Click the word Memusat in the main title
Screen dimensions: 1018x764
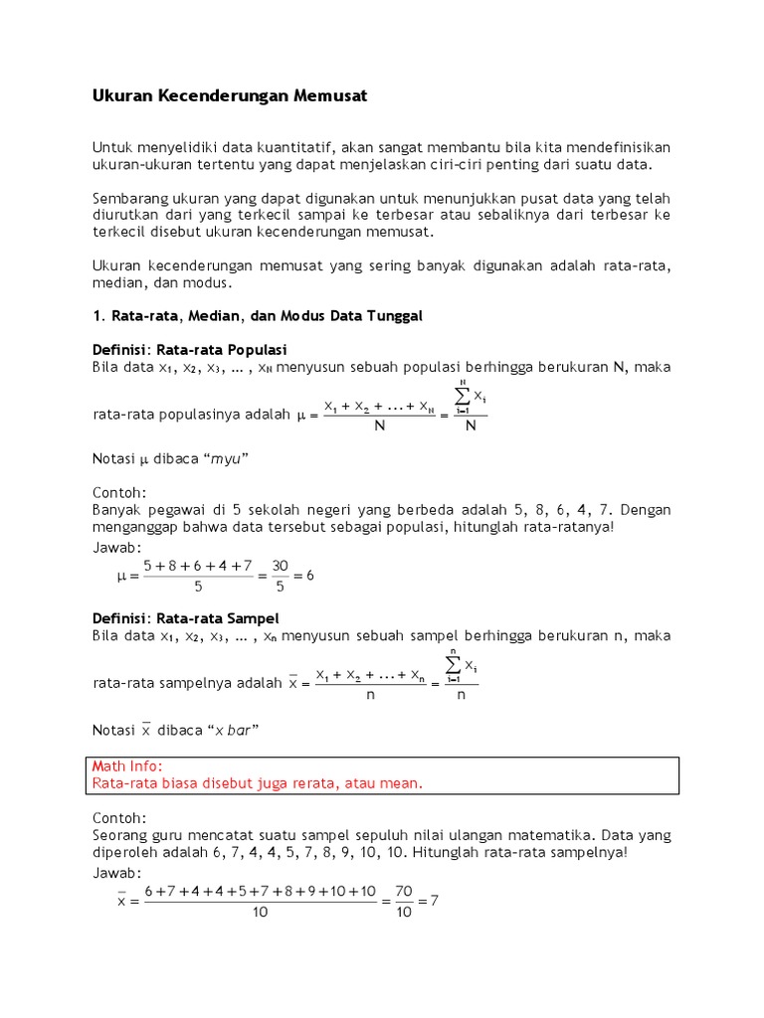click(329, 96)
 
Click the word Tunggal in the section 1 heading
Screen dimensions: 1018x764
click(395, 315)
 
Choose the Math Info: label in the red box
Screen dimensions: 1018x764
click(126, 766)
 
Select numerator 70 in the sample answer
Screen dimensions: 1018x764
click(403, 892)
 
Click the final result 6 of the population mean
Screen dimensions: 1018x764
click(309, 575)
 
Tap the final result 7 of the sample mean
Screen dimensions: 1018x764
click(434, 901)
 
